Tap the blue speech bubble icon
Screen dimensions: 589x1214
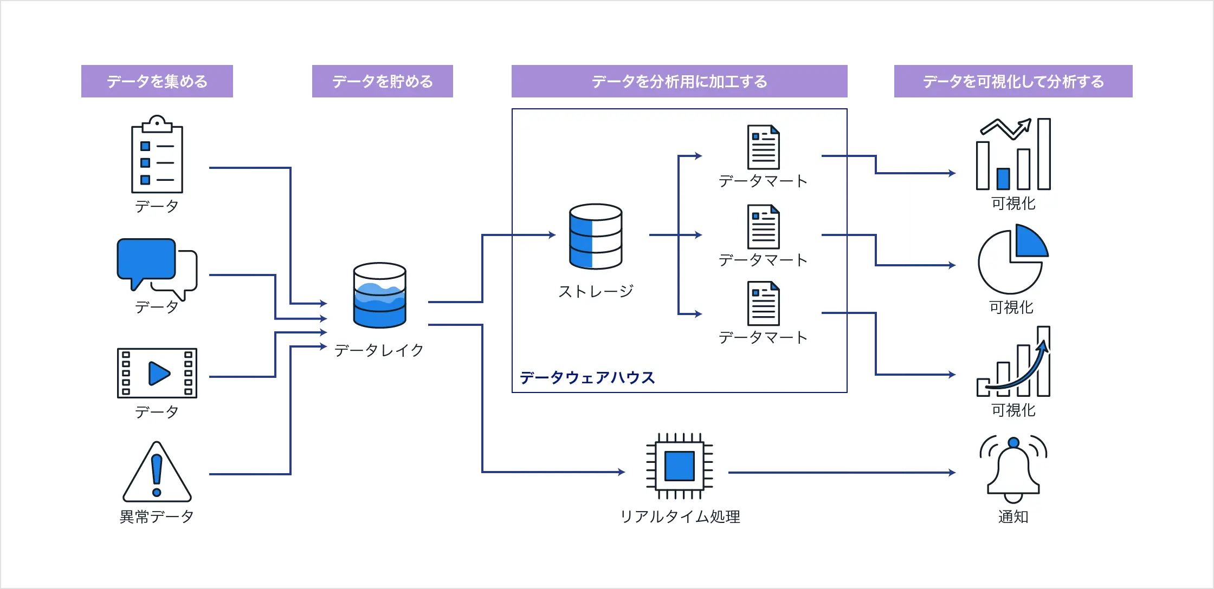(x=146, y=260)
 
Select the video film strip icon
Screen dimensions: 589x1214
(x=157, y=373)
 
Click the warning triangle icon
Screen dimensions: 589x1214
(x=157, y=472)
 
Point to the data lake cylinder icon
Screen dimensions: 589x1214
(x=379, y=296)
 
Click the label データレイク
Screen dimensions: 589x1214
(x=379, y=350)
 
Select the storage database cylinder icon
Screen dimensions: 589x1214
(x=596, y=236)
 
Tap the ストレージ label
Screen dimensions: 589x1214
(x=596, y=291)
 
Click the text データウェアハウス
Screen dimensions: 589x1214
(x=587, y=377)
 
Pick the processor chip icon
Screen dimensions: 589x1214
(x=680, y=466)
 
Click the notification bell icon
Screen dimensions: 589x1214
(x=1013, y=469)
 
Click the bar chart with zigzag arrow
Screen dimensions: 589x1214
(x=1013, y=154)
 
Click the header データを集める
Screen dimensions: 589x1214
(x=157, y=82)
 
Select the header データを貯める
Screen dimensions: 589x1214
(x=383, y=82)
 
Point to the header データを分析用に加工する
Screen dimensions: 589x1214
(x=680, y=82)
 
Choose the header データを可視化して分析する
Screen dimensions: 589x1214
(x=1014, y=82)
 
